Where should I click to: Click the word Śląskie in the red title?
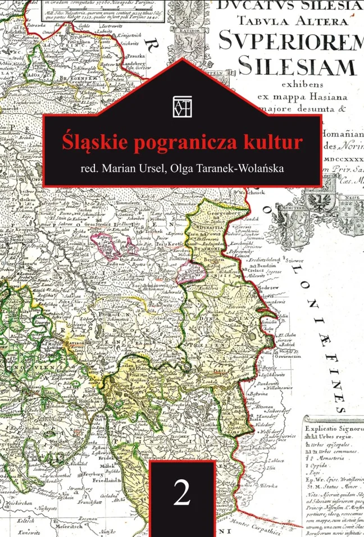click(x=93, y=140)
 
